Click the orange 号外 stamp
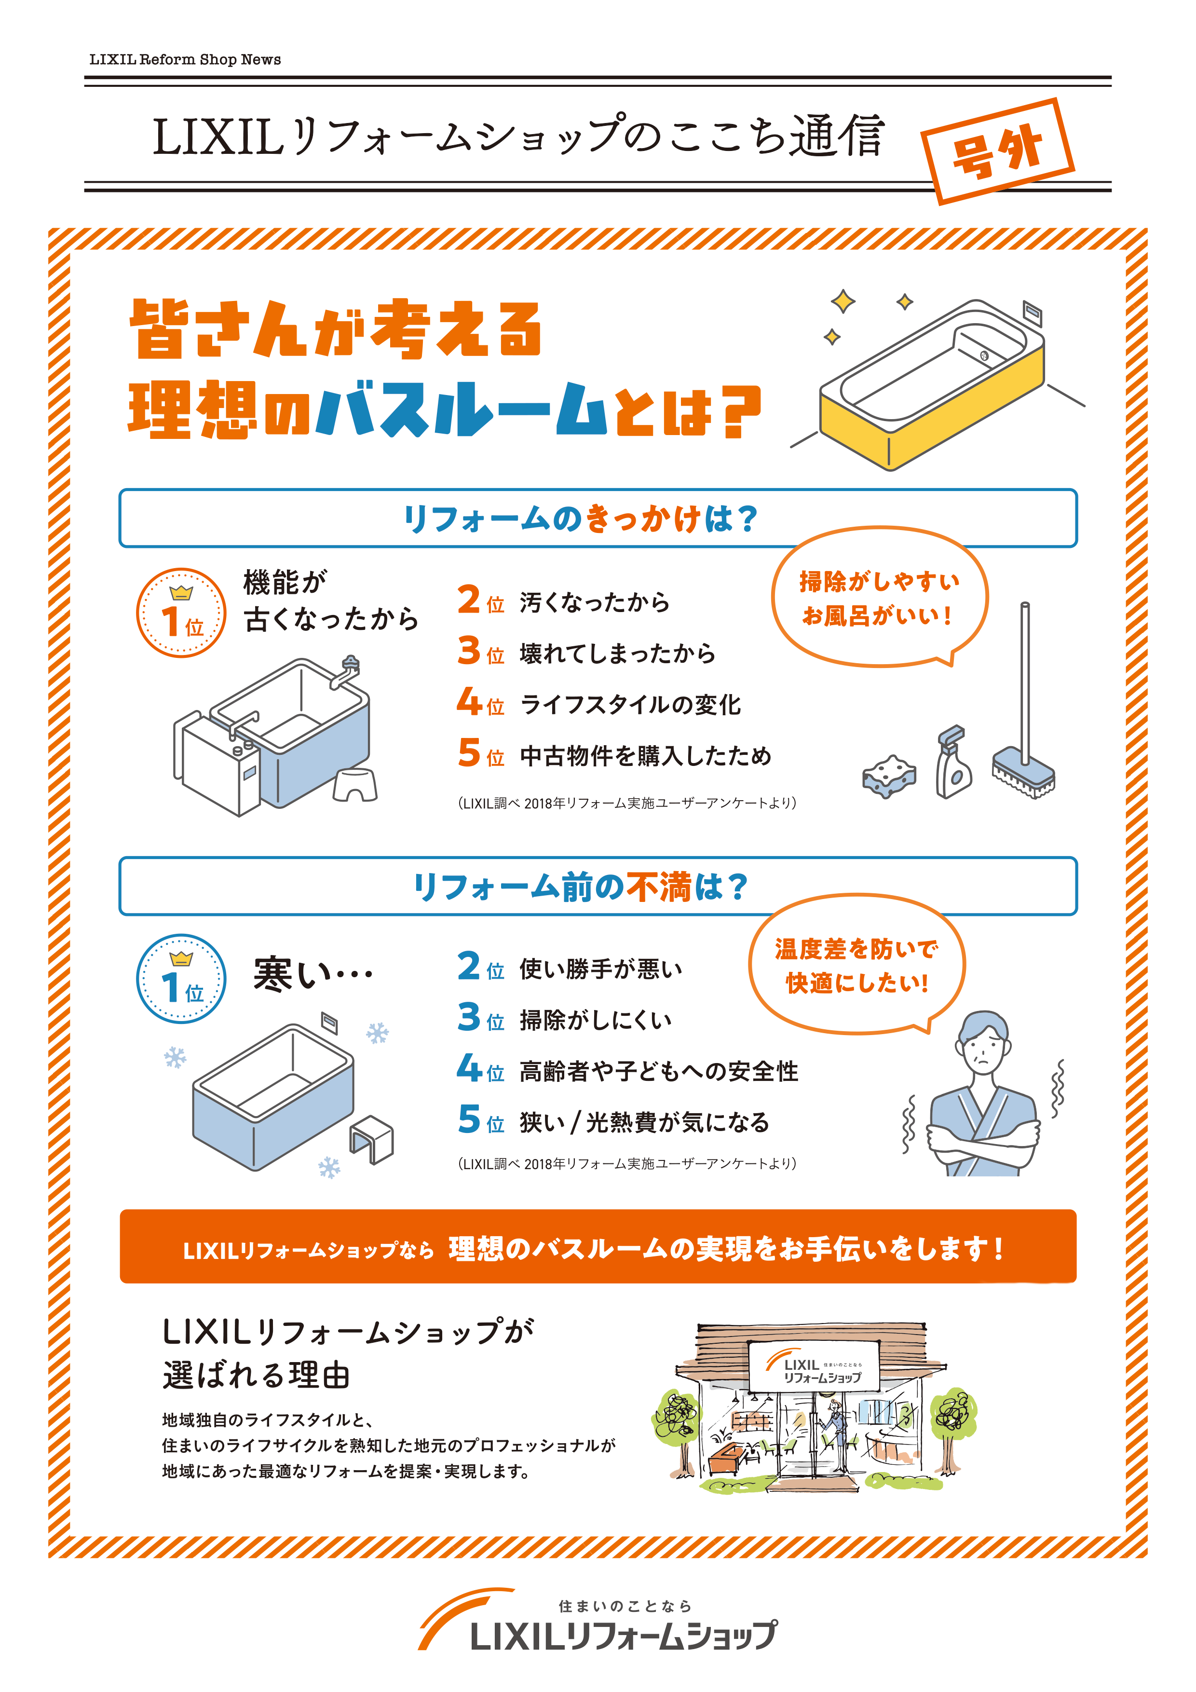coord(997,151)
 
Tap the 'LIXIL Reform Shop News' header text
coord(185,59)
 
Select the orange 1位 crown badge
coord(181,613)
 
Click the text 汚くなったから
coord(594,602)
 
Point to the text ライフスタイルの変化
coord(630,705)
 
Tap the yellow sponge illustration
coord(889,776)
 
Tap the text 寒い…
coord(313,974)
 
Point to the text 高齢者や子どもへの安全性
coord(658,1072)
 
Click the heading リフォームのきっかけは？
coord(581,518)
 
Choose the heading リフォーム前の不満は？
coord(581,886)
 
